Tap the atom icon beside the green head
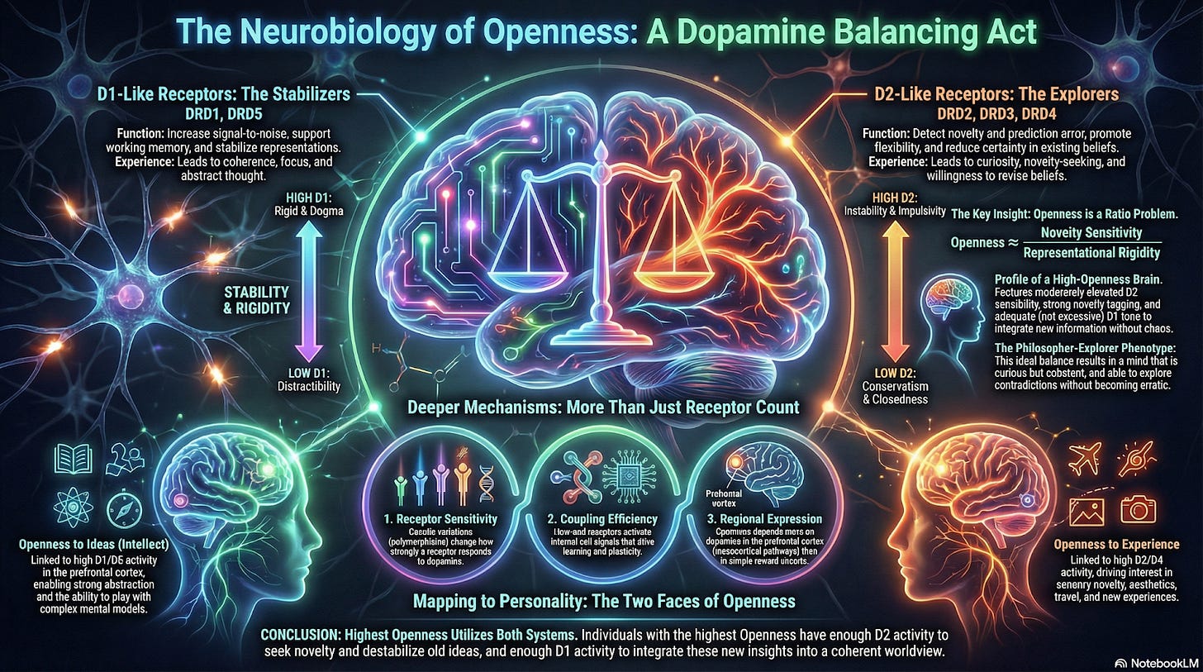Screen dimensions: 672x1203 [68, 504]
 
